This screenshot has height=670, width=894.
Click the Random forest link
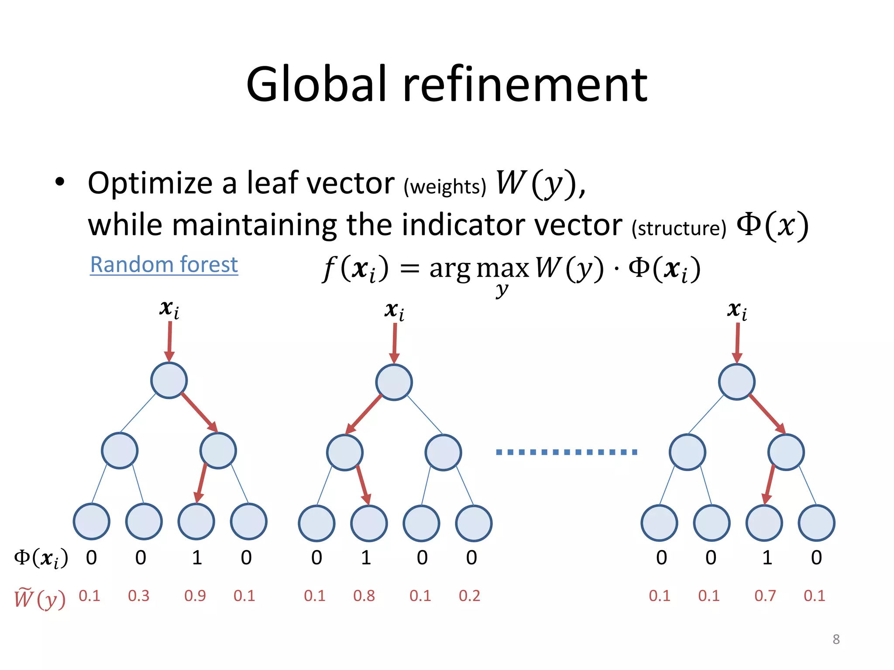pyautogui.click(x=164, y=264)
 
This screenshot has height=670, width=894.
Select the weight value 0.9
pyautogui.click(x=195, y=596)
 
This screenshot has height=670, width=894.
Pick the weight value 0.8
pyautogui.click(x=364, y=596)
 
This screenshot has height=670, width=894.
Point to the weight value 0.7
pyautogui.click(x=765, y=596)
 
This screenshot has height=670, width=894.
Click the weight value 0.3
pyautogui.click(x=138, y=596)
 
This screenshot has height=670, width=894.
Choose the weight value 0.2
pyautogui.click(x=469, y=596)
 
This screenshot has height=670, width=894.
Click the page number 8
pyautogui.click(x=836, y=639)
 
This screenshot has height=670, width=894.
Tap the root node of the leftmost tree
pyautogui.click(x=169, y=380)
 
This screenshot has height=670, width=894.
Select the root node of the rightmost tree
pyautogui.click(x=736, y=382)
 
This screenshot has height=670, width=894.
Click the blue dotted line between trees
pyautogui.click(x=566, y=452)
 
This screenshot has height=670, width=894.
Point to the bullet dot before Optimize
pyautogui.click(x=60, y=182)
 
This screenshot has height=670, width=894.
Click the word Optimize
pyautogui.click(x=150, y=183)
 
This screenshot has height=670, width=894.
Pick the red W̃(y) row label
pyautogui.click(x=40, y=598)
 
